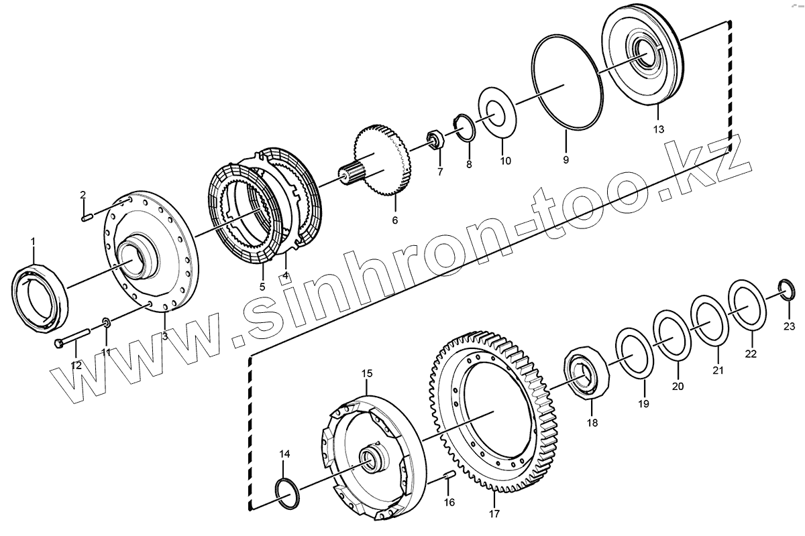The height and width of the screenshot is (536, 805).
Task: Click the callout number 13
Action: pyautogui.click(x=658, y=129)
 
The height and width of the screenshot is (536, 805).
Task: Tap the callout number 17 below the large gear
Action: pyautogui.click(x=494, y=514)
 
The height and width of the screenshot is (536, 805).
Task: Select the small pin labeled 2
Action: pyautogui.click(x=87, y=218)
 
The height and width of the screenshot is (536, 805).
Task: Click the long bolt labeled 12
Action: pyautogui.click(x=71, y=338)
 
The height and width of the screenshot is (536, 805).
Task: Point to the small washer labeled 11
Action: pyautogui.click(x=106, y=322)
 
